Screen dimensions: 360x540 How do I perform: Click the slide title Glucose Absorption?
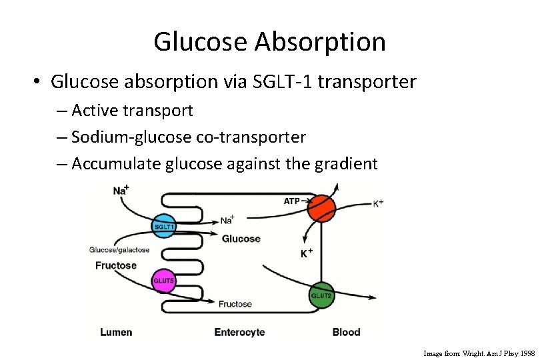(x=269, y=41)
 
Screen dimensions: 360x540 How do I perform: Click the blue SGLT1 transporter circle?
(x=164, y=226)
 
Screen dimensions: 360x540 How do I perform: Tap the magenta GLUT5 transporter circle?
(x=164, y=281)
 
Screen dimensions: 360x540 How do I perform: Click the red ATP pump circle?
(x=321, y=207)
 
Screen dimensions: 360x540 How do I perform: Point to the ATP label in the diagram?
(x=292, y=201)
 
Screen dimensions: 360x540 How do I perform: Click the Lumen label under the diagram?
(x=115, y=332)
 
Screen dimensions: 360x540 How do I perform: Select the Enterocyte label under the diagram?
(x=239, y=332)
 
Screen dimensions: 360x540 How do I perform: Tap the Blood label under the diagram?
(x=346, y=332)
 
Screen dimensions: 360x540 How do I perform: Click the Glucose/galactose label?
(x=119, y=250)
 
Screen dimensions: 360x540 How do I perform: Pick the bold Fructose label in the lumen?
(x=115, y=265)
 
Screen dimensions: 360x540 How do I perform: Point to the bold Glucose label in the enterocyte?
(x=241, y=239)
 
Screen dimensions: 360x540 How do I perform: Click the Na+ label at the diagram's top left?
(x=121, y=191)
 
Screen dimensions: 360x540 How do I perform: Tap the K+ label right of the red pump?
(x=377, y=203)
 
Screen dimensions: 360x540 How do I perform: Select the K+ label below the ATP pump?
(x=307, y=253)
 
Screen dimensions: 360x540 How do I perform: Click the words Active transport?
(x=132, y=109)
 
